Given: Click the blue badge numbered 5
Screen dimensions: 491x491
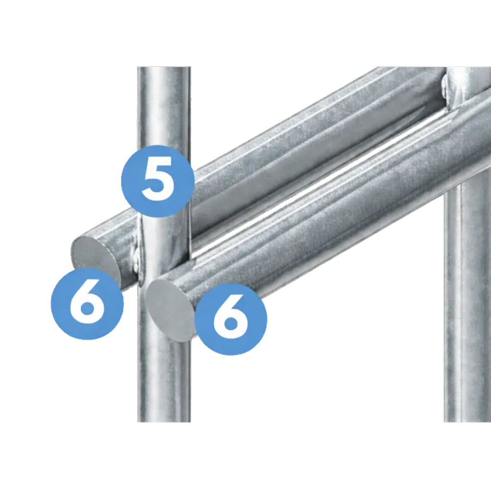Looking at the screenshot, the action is [x=158, y=181].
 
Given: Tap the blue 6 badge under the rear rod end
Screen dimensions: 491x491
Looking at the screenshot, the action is [x=87, y=304].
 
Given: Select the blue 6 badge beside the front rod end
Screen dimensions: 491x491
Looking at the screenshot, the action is [x=231, y=319].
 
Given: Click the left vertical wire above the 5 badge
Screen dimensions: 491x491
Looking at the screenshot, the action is [x=164, y=106].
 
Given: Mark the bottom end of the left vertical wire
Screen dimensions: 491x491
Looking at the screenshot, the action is [x=164, y=421].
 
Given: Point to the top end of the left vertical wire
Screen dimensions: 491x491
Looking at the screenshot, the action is [x=164, y=68].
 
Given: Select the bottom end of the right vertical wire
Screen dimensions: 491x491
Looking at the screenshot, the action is [x=467, y=421].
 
